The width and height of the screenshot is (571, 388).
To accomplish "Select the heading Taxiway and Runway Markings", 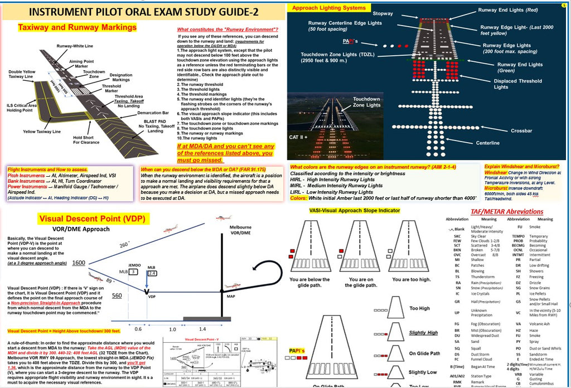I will coord(78,27).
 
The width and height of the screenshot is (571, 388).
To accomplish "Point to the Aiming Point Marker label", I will coord(81,62).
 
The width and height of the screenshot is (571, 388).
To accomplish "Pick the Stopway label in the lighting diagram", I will coord(383,13).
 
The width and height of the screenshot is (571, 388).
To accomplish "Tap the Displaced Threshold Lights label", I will coord(517,84).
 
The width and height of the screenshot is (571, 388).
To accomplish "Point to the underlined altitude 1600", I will coord(79,263).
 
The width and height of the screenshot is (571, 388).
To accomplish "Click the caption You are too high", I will coord(413,279).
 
